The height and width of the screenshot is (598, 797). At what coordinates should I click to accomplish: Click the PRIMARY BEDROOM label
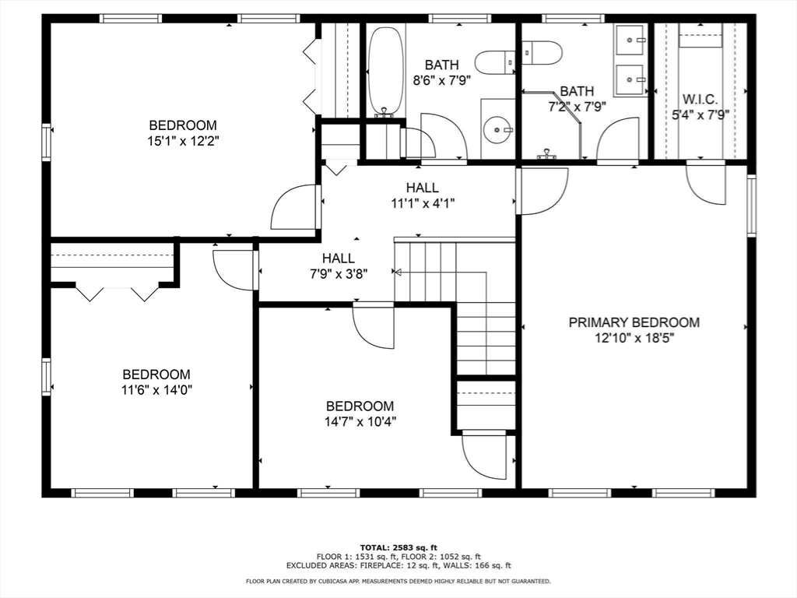tap(634, 322)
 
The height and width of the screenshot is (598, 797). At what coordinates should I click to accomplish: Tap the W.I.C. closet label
tap(700, 100)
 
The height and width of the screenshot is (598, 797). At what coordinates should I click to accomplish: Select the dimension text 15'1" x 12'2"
tap(183, 141)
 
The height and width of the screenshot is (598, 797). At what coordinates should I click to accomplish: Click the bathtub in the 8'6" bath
tap(385, 71)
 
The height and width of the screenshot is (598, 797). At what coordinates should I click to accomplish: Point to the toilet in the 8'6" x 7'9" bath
tap(495, 61)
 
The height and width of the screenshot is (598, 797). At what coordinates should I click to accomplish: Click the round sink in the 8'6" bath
tap(497, 130)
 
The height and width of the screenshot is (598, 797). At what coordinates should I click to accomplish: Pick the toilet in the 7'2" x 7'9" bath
tap(542, 52)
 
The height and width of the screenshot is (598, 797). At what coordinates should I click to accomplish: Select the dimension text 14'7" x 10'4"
tap(360, 422)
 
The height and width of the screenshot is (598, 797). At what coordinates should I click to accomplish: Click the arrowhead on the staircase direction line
tap(397, 273)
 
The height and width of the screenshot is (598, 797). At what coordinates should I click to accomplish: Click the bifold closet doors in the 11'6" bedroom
tap(116, 293)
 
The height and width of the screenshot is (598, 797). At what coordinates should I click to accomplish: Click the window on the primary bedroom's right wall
tap(751, 206)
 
